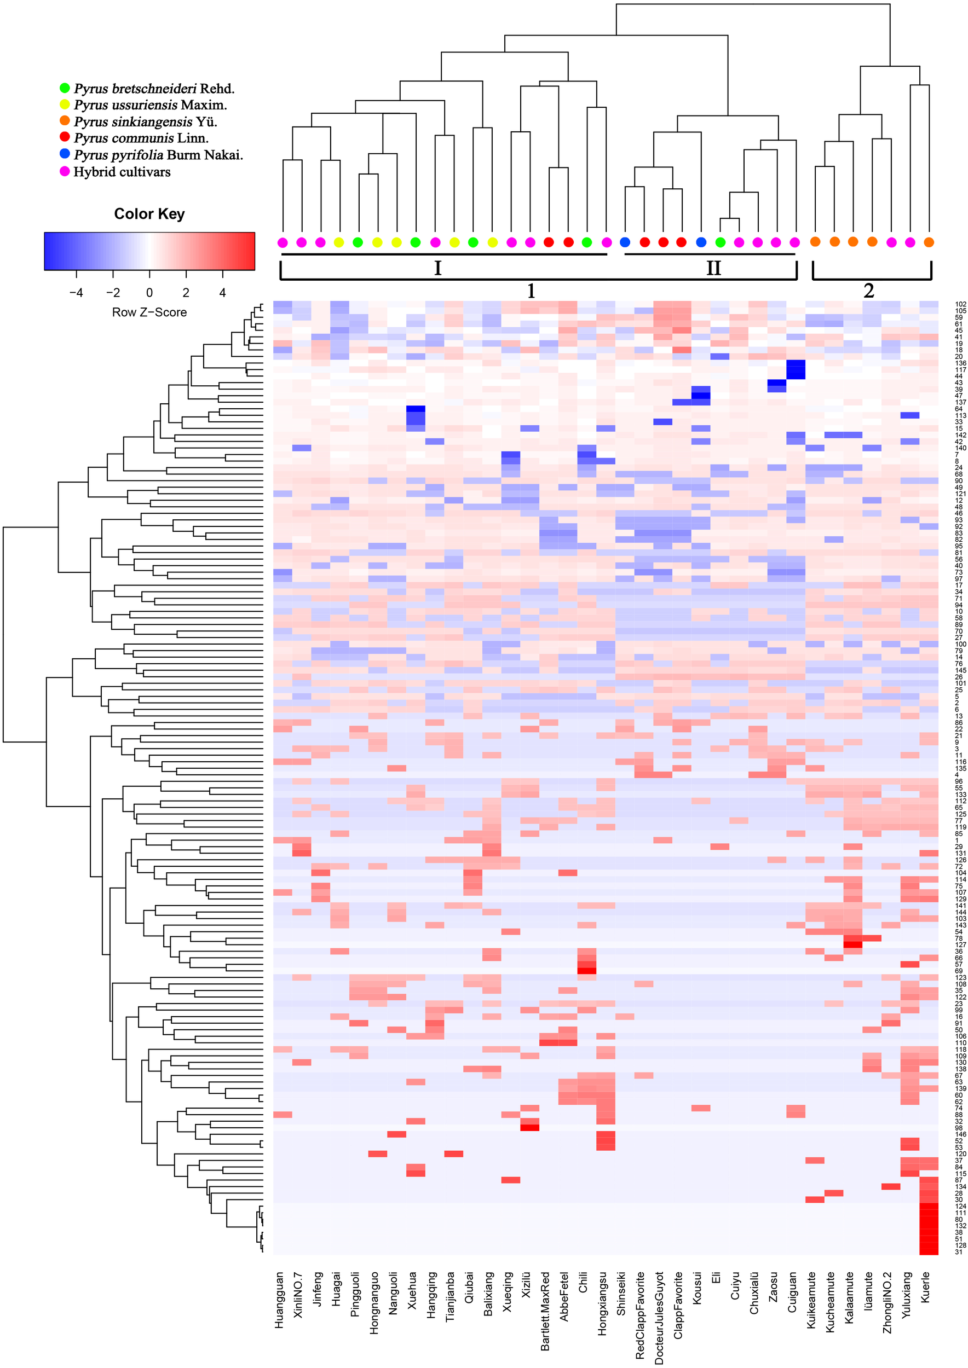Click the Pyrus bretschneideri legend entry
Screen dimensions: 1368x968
click(154, 89)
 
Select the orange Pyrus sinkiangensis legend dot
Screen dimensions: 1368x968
click(65, 121)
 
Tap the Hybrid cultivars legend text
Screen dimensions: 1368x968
click(122, 172)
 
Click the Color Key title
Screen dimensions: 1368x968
click(149, 214)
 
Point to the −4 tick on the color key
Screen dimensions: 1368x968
click(76, 293)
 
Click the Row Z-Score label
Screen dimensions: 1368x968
click(149, 312)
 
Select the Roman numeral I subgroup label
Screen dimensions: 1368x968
click(437, 268)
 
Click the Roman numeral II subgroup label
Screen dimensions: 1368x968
click(713, 268)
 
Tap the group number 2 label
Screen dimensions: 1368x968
click(868, 291)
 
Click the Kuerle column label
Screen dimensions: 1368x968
click(925, 1287)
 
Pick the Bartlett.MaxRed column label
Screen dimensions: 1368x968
click(545, 1311)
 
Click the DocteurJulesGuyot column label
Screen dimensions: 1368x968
click(659, 1317)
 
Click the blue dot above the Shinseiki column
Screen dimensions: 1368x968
click(625, 242)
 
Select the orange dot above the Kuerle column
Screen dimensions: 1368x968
click(928, 242)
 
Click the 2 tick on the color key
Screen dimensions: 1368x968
click(186, 293)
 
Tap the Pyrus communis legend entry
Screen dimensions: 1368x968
click(141, 138)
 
